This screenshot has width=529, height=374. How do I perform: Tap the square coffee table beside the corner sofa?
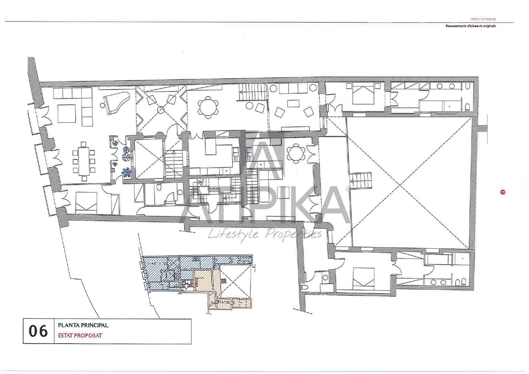[x=67, y=114]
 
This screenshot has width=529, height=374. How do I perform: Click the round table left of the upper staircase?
[x=208, y=107]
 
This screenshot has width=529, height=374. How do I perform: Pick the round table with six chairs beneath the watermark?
[x=296, y=153]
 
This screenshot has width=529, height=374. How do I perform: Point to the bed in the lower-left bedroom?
[x=86, y=202]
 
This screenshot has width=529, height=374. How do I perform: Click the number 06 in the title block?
[x=38, y=331]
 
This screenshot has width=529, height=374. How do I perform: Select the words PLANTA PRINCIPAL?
[x=83, y=325]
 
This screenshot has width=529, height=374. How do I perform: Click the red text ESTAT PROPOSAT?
[x=80, y=335]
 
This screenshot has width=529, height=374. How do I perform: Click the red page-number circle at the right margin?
[x=502, y=192]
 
